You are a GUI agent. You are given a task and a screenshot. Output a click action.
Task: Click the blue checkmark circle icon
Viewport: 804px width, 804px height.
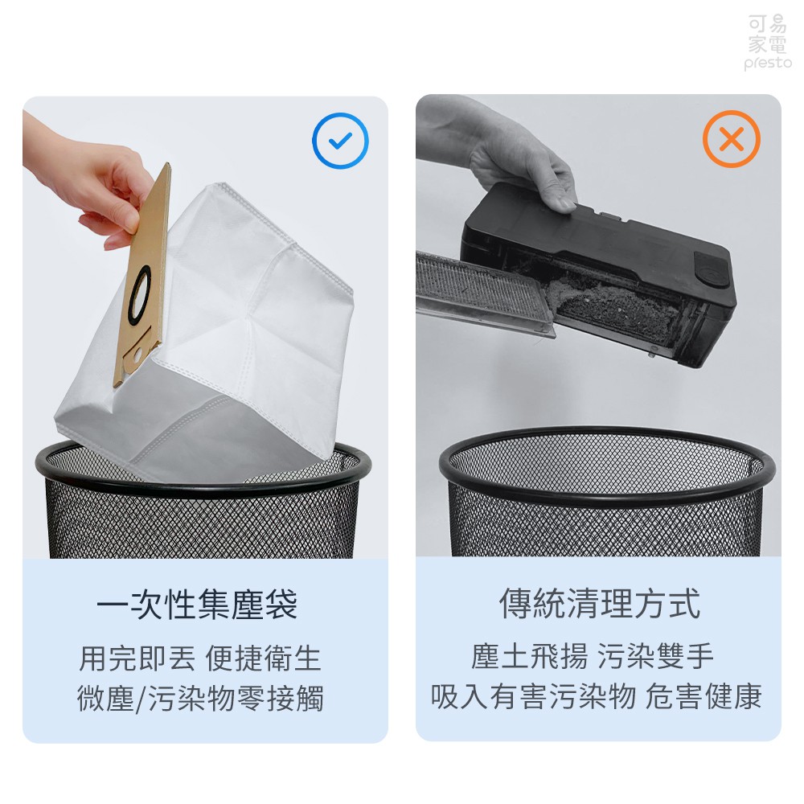(340, 140)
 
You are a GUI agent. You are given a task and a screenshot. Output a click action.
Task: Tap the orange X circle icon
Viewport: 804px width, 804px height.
(731, 139)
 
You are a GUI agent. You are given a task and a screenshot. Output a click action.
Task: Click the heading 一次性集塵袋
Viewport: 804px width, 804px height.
(198, 604)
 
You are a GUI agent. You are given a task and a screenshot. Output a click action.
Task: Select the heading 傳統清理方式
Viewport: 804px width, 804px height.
(600, 603)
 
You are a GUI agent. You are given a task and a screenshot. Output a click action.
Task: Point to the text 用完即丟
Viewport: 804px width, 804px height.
(137, 658)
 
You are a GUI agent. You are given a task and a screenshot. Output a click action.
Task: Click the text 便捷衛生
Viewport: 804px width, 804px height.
(263, 658)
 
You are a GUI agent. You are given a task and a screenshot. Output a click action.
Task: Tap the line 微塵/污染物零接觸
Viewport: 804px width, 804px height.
(200, 698)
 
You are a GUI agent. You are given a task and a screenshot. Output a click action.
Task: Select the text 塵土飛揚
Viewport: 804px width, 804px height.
(529, 656)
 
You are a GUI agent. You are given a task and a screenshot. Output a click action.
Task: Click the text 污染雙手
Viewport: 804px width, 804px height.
(655, 656)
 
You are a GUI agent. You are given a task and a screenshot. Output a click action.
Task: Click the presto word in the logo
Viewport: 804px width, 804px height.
(768, 63)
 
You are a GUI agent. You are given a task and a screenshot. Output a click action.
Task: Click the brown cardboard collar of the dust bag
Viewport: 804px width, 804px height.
(142, 275)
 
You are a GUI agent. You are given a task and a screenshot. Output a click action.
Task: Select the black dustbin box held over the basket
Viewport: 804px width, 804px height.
(599, 274)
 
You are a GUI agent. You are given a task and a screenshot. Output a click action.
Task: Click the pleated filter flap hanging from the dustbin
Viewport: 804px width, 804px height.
(485, 293)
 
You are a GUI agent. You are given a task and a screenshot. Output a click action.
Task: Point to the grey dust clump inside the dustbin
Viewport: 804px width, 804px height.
(615, 308)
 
